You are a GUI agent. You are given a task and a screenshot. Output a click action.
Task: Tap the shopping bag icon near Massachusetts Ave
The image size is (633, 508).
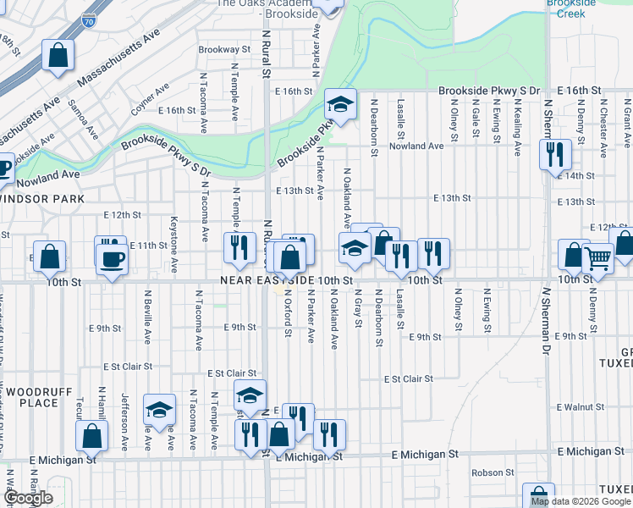coord(57,57)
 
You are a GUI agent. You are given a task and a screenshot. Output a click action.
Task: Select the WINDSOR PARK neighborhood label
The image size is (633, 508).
coord(41,198)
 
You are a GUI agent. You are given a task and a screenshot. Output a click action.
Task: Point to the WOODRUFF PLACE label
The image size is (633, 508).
coord(31,397)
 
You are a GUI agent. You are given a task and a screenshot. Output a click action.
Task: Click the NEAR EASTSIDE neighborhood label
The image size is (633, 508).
coord(265,279)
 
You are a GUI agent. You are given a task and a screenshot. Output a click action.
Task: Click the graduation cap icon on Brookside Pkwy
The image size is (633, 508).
coord(339,105)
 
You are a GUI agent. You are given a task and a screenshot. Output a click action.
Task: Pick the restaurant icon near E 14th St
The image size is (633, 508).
coord(555,154)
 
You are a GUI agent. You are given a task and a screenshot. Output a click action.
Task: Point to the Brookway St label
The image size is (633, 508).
coord(225,50)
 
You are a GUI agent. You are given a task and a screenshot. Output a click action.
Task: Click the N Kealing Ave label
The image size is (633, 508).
coord(517,128)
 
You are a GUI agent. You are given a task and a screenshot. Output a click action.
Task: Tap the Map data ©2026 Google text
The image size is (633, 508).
coord(581,501)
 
